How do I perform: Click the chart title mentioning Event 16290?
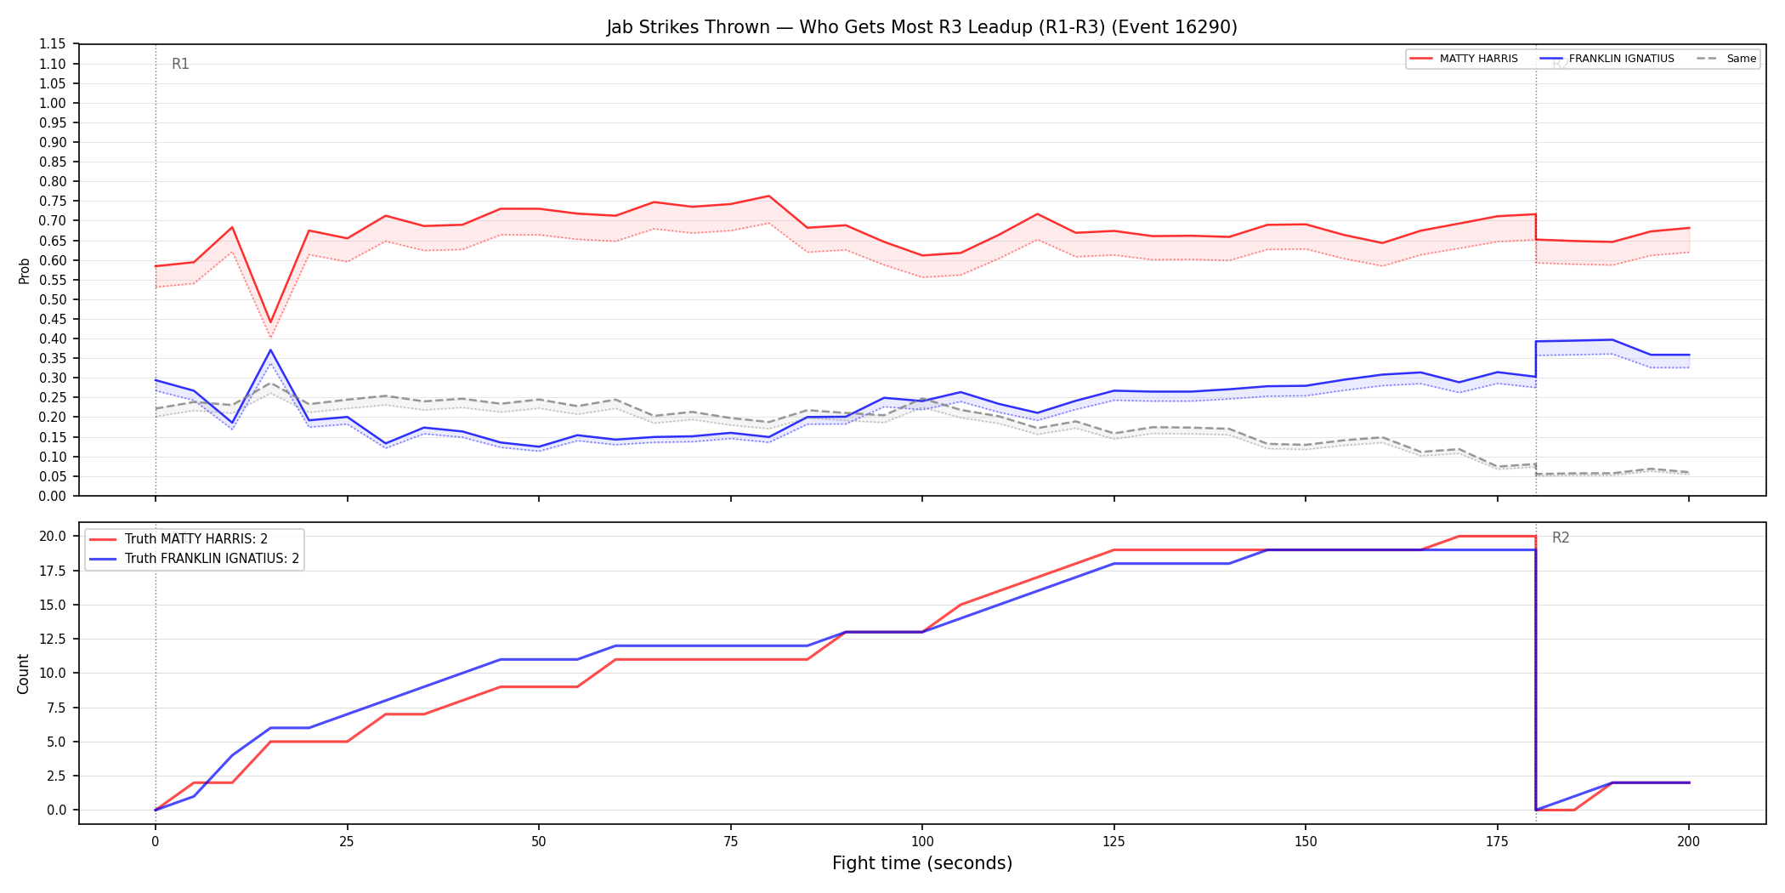pos(921,27)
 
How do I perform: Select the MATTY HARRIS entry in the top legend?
pos(1464,59)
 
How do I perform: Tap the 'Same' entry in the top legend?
pos(1726,59)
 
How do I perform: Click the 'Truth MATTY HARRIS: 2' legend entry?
pos(178,539)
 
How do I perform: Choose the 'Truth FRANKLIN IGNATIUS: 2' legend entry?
pos(195,559)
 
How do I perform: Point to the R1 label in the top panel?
pos(180,64)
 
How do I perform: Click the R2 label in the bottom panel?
pos(1561,538)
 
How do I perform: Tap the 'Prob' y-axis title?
pos(25,270)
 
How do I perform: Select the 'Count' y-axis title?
pos(23,674)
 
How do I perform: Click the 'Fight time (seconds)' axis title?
pos(922,863)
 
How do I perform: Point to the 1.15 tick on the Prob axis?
pos(53,44)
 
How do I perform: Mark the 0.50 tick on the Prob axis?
pos(53,299)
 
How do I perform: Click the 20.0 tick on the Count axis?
pos(53,536)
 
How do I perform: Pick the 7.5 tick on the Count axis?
pos(56,708)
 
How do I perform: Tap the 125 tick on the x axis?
pos(1113,842)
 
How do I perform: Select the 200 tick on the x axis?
pos(1688,842)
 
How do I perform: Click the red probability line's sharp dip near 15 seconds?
pos(270,323)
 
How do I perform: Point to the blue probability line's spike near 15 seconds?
pos(270,350)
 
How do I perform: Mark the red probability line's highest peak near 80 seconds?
pos(768,196)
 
